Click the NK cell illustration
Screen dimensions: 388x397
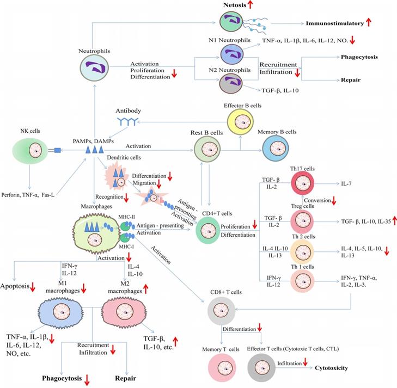pyautogui.click(x=36, y=149)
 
